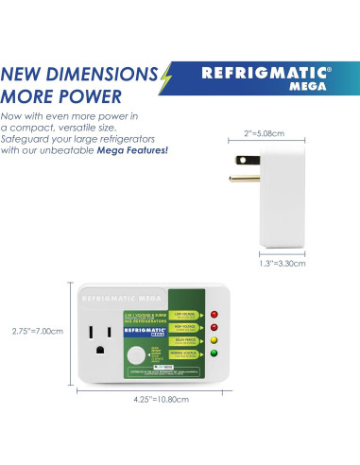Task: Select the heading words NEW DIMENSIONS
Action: pyautogui.click(x=78, y=74)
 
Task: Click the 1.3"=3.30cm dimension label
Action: pyautogui.click(x=284, y=264)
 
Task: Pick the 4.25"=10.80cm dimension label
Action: pyautogui.click(x=163, y=400)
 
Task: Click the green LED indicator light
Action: pyautogui.click(x=214, y=354)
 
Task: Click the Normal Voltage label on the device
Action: pyautogui.click(x=186, y=353)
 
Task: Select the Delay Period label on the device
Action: pyautogui.click(x=186, y=339)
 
